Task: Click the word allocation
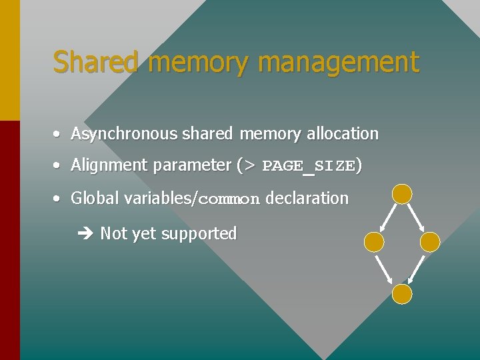(342, 133)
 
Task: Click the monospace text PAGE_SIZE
(309, 166)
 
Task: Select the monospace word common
(229, 199)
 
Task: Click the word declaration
(307, 198)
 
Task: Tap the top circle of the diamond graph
(402, 194)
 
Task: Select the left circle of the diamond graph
(374, 243)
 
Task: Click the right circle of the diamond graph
(431, 243)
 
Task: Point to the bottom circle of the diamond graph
(402, 294)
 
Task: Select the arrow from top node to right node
(416, 218)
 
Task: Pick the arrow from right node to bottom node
(417, 269)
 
